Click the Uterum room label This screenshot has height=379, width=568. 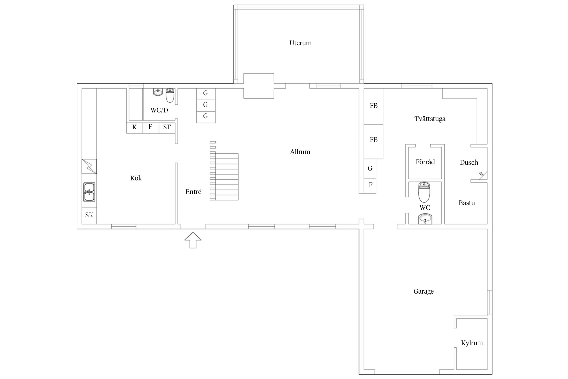[300, 43]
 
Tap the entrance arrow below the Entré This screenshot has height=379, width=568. [193, 240]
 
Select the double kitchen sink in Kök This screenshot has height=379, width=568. [89, 192]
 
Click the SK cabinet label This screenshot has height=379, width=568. [89, 215]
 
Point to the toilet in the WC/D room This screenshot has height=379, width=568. [170, 95]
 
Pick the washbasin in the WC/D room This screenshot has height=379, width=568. [158, 92]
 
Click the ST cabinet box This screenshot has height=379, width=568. [167, 128]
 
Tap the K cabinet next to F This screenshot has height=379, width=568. [135, 128]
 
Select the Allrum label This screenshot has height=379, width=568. [300, 152]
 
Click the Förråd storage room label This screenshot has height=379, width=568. [425, 162]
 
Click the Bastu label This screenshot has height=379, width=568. [467, 203]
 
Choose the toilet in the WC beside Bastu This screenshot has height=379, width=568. [424, 192]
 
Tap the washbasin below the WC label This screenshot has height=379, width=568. [425, 219]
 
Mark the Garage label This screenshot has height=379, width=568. [424, 292]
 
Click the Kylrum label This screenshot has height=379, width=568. [472, 343]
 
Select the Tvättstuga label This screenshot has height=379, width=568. [430, 119]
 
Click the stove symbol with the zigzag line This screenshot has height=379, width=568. [89, 167]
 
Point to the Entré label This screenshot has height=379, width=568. [193, 192]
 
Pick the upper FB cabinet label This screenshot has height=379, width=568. [374, 106]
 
